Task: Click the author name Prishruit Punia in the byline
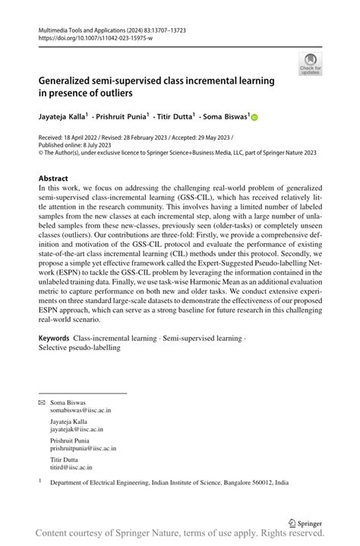click(119, 117)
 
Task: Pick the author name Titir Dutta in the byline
click(175, 117)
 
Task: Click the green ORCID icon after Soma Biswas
click(254, 117)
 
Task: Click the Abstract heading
click(53, 179)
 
